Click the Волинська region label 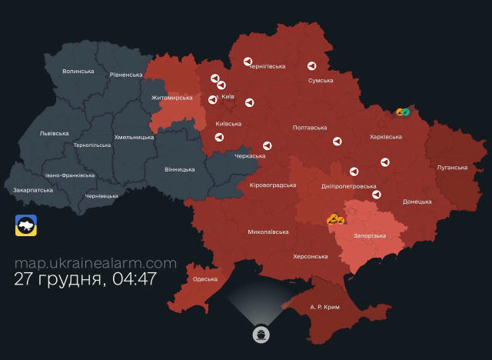[78, 72]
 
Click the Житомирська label [172, 98]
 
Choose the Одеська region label [205, 279]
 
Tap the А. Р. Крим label [324, 307]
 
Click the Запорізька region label [370, 235]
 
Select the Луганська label [451, 167]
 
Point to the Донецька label [417, 202]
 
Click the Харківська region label [386, 137]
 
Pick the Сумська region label [321, 81]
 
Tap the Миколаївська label [268, 232]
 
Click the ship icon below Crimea [261, 335]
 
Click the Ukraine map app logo [27, 225]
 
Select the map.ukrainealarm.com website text [95, 263]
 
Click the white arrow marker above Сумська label [311, 67]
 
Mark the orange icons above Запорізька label [334, 219]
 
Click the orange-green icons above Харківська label [402, 112]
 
